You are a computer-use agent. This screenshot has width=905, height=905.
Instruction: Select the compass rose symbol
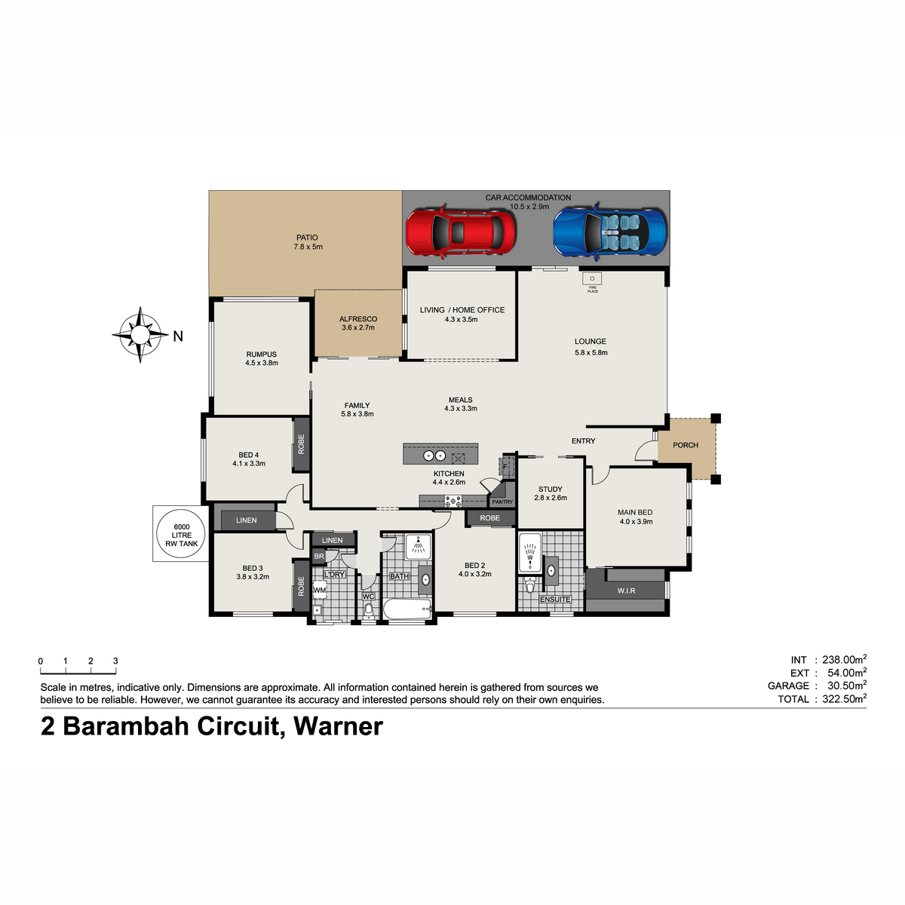140,335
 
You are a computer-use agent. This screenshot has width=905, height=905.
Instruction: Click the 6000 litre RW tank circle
180,534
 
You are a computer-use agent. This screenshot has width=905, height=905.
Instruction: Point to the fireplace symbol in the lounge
592,278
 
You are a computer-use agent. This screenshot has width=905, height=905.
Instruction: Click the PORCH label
686,445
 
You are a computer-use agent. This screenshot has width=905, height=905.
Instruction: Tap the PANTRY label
502,502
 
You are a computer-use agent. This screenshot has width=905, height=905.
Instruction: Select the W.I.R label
626,591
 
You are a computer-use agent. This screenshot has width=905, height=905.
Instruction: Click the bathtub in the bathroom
407,609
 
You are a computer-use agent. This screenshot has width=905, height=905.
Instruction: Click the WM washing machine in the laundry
319,590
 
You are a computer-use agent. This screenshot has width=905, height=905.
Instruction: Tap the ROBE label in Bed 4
301,444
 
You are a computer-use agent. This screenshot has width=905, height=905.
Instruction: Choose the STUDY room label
550,489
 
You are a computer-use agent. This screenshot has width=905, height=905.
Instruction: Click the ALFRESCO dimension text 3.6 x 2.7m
358,327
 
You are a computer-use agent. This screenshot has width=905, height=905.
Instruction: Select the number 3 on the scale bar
115,661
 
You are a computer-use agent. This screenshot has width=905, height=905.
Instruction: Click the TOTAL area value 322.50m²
844,698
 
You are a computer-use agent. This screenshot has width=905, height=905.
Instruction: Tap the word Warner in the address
338,726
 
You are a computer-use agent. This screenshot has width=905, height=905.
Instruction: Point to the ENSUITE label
555,600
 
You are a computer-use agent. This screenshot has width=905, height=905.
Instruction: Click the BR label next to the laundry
319,556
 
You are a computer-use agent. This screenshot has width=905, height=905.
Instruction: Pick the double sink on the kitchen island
434,455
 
